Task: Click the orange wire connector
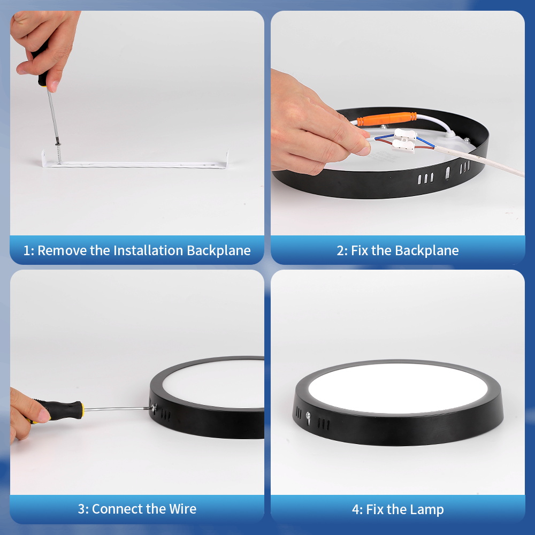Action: (387, 119)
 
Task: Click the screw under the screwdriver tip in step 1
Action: (59, 153)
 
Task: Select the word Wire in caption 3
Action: (183, 509)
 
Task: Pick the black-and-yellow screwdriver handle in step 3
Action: (57, 410)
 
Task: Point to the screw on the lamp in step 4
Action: (308, 416)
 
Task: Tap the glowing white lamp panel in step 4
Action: (398, 387)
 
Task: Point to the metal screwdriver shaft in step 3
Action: (117, 408)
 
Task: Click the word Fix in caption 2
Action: (360, 250)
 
